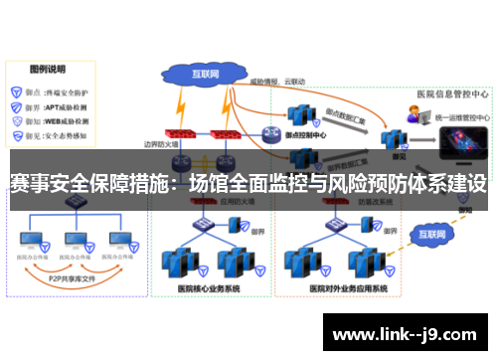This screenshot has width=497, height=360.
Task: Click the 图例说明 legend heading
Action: (47, 71)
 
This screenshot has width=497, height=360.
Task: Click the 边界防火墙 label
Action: (160, 144)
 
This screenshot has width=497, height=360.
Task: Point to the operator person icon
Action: (412, 116)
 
